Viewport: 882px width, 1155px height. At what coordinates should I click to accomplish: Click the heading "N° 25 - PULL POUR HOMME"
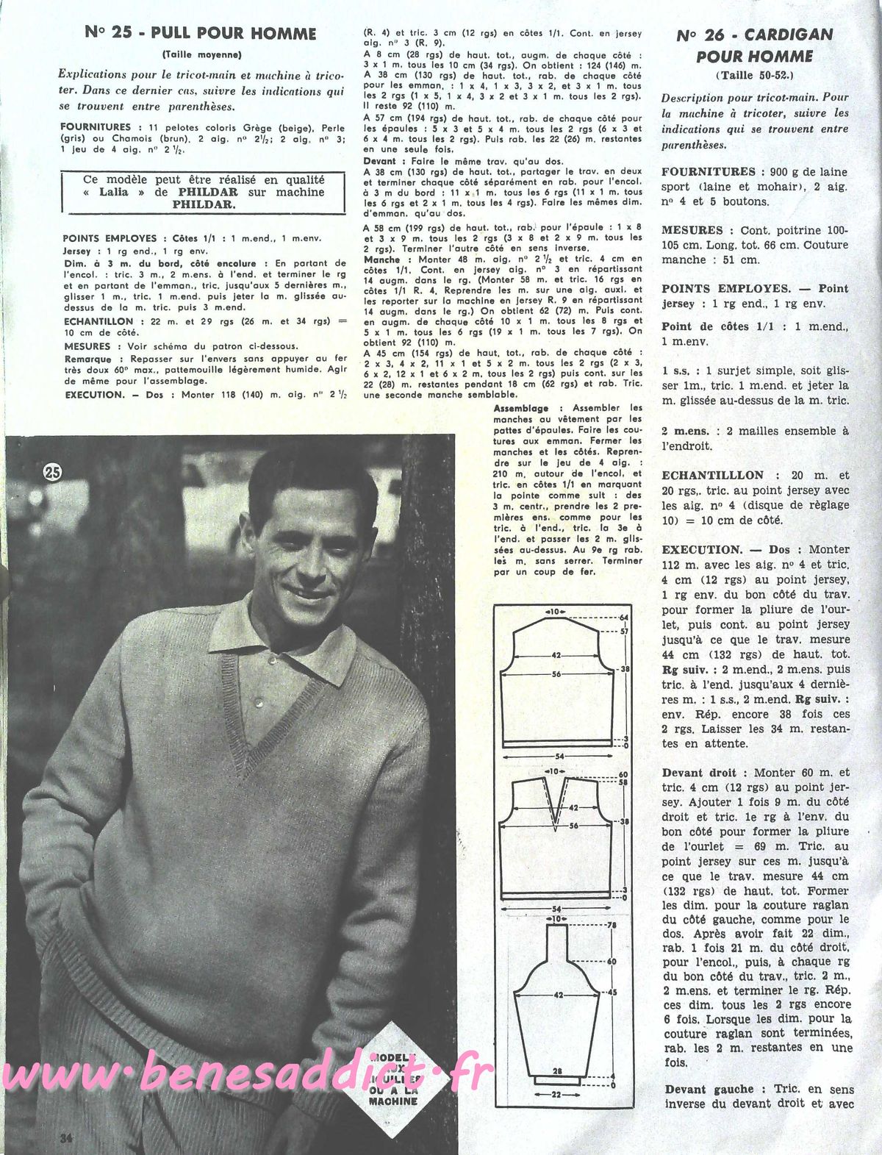pos(201,33)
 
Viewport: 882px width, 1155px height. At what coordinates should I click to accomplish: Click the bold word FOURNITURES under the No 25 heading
pos(96,126)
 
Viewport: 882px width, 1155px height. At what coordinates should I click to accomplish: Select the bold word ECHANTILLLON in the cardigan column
pos(713,476)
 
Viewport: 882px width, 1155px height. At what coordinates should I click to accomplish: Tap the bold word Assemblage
pos(521,408)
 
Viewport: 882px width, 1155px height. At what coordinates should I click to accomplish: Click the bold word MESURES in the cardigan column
pos(692,230)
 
